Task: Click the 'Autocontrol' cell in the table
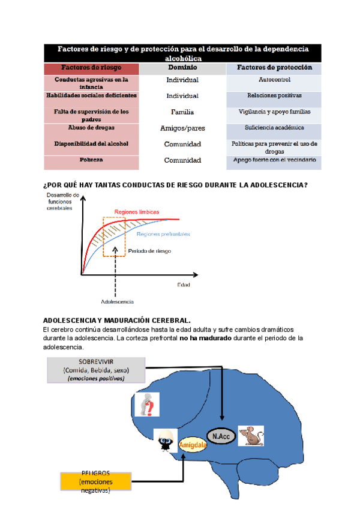coord(274,80)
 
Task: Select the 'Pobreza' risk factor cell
coord(91,160)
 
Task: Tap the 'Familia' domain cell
coord(182,112)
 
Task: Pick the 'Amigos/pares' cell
coord(182,128)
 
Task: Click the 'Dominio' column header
coord(182,68)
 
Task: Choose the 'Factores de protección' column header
coord(274,68)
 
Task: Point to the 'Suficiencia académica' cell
coord(274,128)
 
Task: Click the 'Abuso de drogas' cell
coord(91,128)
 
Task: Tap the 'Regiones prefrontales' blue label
coord(163,234)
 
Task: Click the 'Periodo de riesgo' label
coord(149,251)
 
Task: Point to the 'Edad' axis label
coord(183,284)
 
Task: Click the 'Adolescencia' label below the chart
coord(117,301)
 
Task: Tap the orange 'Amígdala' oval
coord(189,445)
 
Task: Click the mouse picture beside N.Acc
coord(250,436)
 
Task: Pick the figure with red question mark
coord(146,406)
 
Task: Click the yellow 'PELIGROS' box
coord(95,482)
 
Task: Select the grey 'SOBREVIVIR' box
coord(96,370)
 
